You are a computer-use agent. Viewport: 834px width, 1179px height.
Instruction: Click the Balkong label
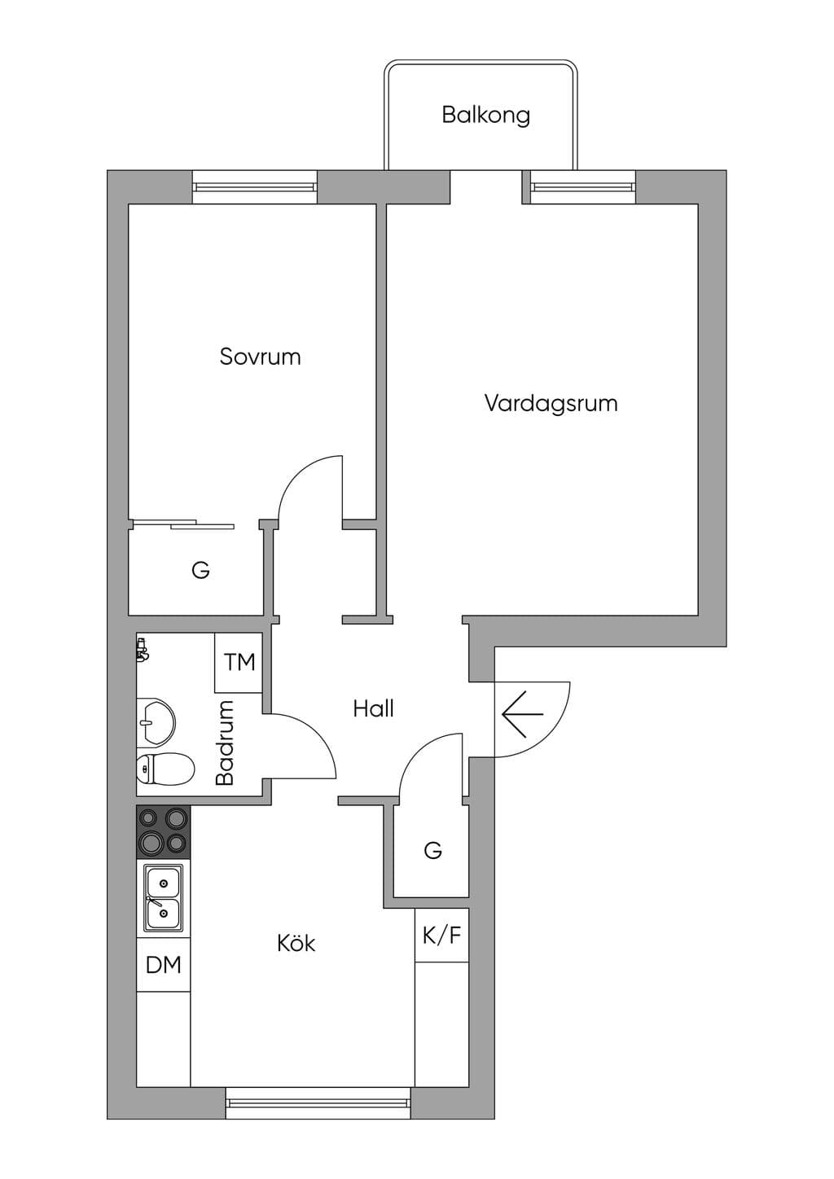tap(485, 116)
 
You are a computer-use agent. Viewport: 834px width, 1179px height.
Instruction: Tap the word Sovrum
tap(260, 357)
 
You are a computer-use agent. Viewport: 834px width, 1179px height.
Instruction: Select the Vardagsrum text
tap(551, 404)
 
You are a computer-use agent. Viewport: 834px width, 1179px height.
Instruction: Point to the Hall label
tap(373, 709)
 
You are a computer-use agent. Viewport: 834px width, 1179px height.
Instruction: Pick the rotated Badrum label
tap(225, 742)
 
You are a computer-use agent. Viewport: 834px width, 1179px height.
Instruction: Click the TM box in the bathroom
tap(239, 663)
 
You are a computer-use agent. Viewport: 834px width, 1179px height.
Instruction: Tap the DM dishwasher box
tap(163, 965)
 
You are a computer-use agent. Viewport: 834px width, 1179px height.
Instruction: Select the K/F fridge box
tap(441, 936)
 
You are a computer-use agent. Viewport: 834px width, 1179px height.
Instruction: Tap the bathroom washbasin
tap(156, 722)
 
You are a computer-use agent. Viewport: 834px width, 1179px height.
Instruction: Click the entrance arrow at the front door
tap(522, 714)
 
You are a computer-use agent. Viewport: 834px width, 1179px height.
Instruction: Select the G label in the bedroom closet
tap(200, 570)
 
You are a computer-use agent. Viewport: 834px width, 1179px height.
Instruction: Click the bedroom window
tap(255, 186)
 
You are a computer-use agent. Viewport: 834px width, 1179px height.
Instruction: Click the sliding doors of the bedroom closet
tap(182, 524)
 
